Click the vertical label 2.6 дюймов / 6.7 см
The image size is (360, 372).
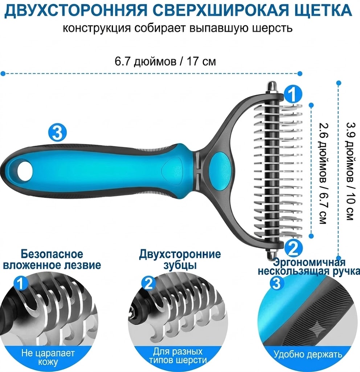323,173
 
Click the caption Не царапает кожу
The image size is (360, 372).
48,357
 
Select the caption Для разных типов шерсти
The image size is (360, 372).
177,356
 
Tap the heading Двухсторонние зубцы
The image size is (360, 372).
180,259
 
